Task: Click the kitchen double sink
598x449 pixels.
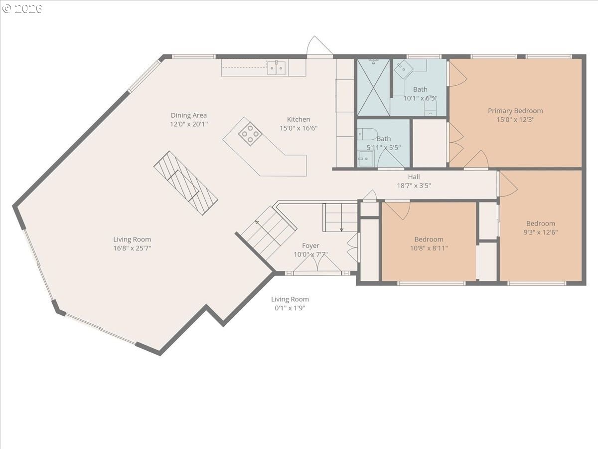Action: (276, 68)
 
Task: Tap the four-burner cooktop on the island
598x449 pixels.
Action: (250, 134)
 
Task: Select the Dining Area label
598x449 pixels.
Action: (189, 115)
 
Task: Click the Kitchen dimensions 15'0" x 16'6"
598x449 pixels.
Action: (299, 128)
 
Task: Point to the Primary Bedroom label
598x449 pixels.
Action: (515, 111)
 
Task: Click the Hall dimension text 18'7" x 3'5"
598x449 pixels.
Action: (414, 186)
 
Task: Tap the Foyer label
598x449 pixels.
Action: (310, 245)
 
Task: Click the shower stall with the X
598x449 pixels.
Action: (374, 87)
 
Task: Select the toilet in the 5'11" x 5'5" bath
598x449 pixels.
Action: (367, 134)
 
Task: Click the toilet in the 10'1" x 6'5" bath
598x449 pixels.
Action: (431, 107)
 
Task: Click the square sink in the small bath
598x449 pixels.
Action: (366, 159)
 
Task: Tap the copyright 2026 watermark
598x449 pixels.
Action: (22, 8)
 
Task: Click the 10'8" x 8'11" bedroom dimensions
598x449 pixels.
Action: (429, 248)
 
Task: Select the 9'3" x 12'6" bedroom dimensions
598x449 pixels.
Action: (541, 232)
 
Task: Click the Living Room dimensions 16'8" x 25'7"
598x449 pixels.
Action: (132, 248)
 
